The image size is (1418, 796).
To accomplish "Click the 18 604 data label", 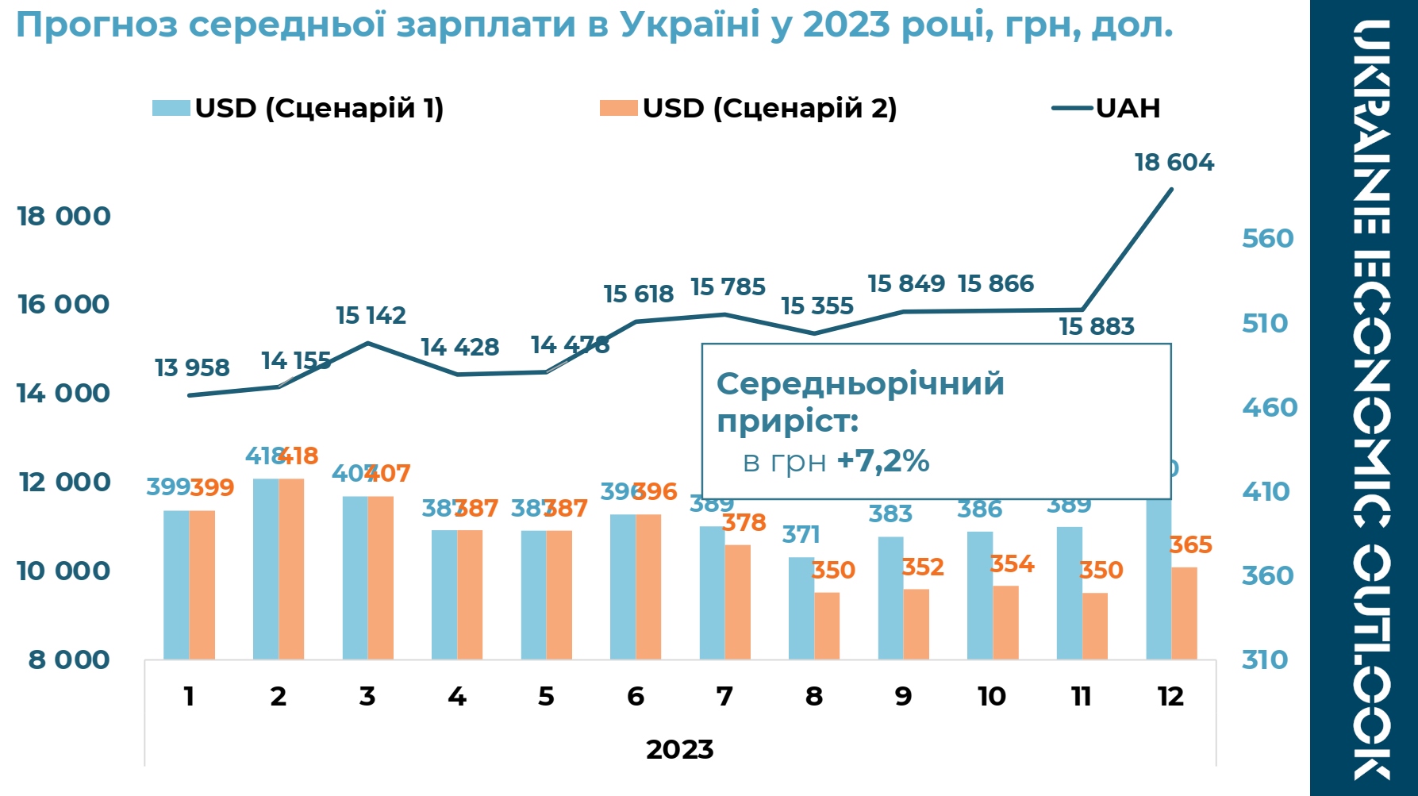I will (x=1174, y=163).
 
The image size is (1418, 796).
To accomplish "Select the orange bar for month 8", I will (x=827, y=625).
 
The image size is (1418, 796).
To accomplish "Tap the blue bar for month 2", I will (x=266, y=568).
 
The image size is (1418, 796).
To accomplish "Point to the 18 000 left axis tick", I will (x=64, y=216).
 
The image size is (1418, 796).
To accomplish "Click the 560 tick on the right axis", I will (x=1267, y=238).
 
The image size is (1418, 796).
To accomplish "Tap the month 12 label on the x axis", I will (x=1170, y=696).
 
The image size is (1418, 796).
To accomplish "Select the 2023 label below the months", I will (x=679, y=749).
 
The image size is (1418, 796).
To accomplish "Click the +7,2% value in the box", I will (x=882, y=460).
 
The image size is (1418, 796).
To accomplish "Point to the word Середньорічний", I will (x=860, y=384).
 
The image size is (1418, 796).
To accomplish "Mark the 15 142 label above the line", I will (x=371, y=315).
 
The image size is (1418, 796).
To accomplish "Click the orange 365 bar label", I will (x=1190, y=544).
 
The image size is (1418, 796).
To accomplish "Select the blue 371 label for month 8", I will (x=801, y=534).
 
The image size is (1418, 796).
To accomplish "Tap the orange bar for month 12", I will (x=1184, y=613).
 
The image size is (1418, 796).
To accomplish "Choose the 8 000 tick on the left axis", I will (x=69, y=659).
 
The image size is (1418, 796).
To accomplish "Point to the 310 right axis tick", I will (x=1265, y=659).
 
